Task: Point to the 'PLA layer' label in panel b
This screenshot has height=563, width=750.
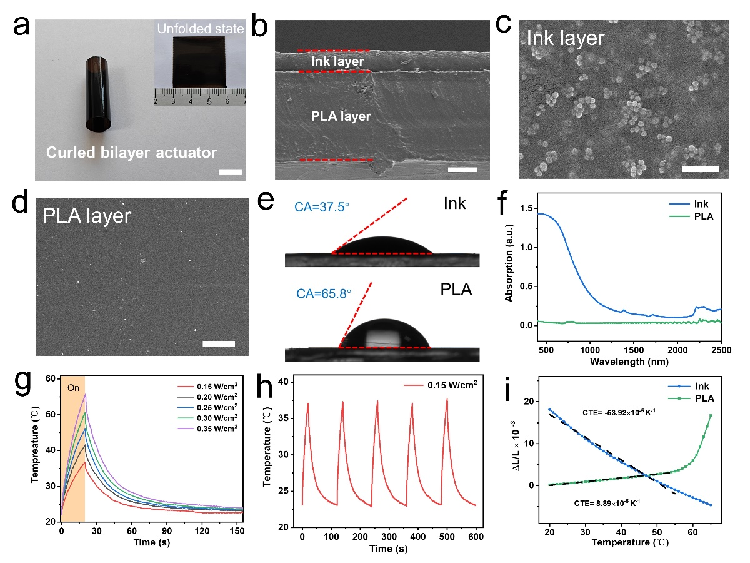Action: tap(341, 116)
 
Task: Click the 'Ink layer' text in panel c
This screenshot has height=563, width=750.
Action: tap(566, 39)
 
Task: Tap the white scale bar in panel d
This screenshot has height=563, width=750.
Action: tap(219, 343)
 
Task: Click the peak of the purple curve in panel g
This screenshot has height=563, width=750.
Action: tap(85, 394)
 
